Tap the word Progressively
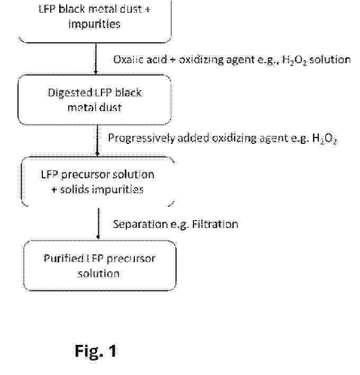[142, 138]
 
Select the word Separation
[140, 224]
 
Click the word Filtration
[215, 224]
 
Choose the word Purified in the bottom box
[63, 259]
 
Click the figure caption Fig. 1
[96, 351]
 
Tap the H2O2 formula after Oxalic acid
[294, 60]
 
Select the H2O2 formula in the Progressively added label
[325, 139]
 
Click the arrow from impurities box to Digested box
[96, 59]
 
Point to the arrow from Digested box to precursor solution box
[97, 140]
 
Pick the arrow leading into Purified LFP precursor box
[98, 223]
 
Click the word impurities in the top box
[94, 24]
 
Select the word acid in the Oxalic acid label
[156, 59]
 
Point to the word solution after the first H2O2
[330, 59]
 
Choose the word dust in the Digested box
[110, 107]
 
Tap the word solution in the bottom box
[98, 274]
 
